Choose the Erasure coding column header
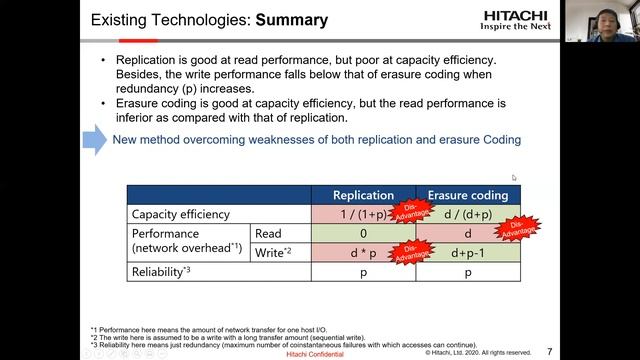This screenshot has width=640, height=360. coord(467,195)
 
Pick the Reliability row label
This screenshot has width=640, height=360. coord(161,271)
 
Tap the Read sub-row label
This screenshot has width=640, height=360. coord(270,233)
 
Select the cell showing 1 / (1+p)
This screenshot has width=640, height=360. coord(362,214)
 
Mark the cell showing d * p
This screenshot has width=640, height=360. coord(362,252)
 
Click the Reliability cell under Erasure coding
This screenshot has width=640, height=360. coord(467,271)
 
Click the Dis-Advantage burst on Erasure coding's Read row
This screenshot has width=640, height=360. coord(517,228)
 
